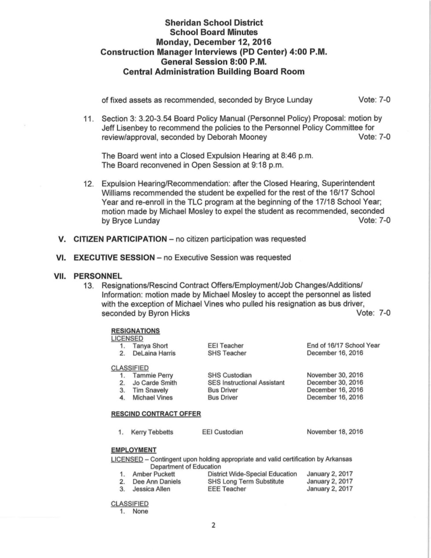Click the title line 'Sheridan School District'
214,22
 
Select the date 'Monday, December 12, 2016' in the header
214,42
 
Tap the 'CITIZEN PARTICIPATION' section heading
120,239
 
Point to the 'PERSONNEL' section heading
97,276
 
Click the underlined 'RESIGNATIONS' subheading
135,331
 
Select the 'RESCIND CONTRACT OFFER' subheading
156,414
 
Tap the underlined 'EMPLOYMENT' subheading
134,450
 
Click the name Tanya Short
150,346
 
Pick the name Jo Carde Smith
155,383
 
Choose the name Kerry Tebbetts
152,432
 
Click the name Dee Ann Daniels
156,481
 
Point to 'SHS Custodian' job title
230,376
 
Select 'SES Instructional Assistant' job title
246,383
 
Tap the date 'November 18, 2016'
335,432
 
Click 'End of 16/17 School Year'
343,346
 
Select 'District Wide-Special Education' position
252,474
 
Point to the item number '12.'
89,183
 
